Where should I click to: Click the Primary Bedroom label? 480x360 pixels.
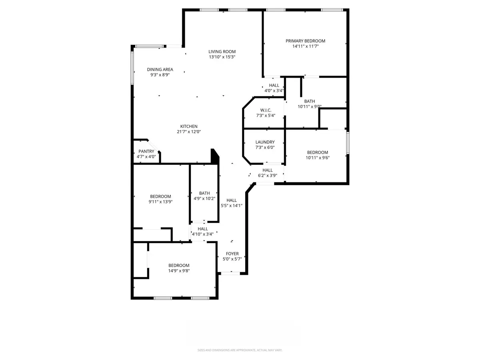pos(305,41)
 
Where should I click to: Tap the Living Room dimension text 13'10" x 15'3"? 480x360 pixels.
pos(222,57)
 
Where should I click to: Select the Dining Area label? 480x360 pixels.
pos(160,69)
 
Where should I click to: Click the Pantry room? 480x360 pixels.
pos(146,151)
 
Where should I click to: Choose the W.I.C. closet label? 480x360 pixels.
pos(266,110)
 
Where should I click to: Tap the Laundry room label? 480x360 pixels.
pos(265,142)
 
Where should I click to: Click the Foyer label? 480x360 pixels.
pos(232,254)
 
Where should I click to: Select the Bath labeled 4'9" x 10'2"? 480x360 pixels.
pos(204,194)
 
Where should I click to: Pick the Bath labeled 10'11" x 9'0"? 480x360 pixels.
pos(310,102)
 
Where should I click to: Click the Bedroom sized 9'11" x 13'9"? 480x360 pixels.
pos(160,196)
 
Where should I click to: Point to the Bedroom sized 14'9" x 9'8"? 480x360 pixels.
pos(179,266)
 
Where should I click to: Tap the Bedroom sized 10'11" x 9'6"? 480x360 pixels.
pos(318,152)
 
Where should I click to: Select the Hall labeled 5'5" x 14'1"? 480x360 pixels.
pos(232,200)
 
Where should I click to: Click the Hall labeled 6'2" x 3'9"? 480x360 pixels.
pos(268,170)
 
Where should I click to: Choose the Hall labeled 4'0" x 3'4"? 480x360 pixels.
pos(274,85)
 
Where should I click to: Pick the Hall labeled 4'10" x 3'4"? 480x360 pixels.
pos(203,229)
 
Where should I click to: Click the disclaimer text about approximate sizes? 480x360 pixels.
pos(240,350)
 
